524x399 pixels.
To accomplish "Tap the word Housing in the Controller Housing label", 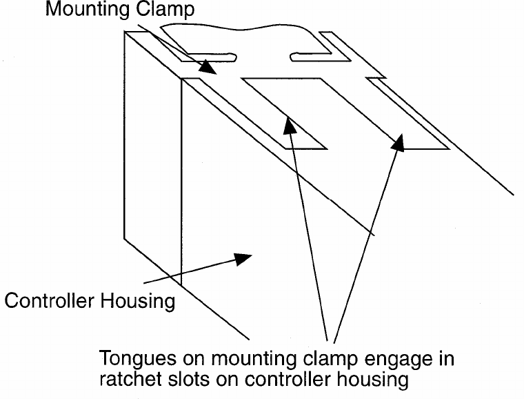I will point(137,302).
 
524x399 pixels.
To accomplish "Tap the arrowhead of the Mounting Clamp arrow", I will point(208,68).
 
